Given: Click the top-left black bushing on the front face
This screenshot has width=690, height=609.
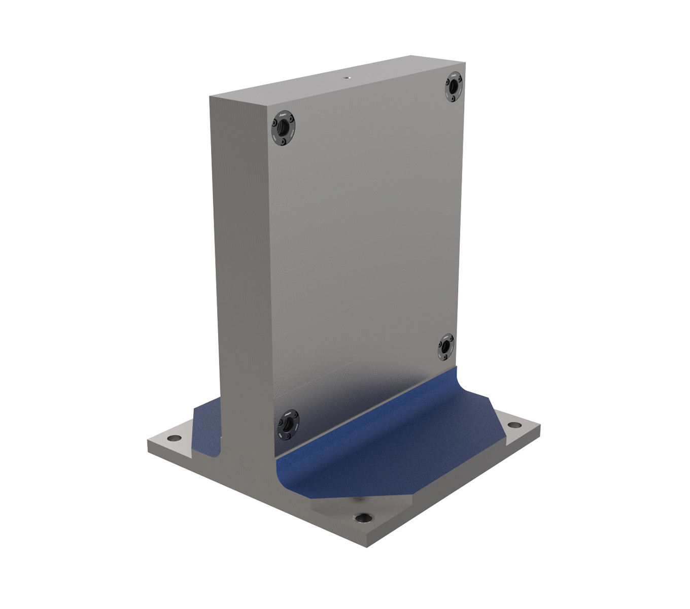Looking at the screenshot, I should click(284, 127).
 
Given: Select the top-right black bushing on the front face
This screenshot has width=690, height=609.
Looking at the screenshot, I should click(453, 86).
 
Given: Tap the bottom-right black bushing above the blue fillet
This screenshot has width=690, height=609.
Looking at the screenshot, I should click(446, 348).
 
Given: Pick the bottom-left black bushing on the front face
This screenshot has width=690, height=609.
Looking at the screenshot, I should click(288, 425).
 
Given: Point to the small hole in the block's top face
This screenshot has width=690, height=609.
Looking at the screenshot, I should click(347, 78).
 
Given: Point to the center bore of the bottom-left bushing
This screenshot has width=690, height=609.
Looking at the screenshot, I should click(288, 425).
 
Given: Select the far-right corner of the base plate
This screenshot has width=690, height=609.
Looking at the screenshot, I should click(540, 425).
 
